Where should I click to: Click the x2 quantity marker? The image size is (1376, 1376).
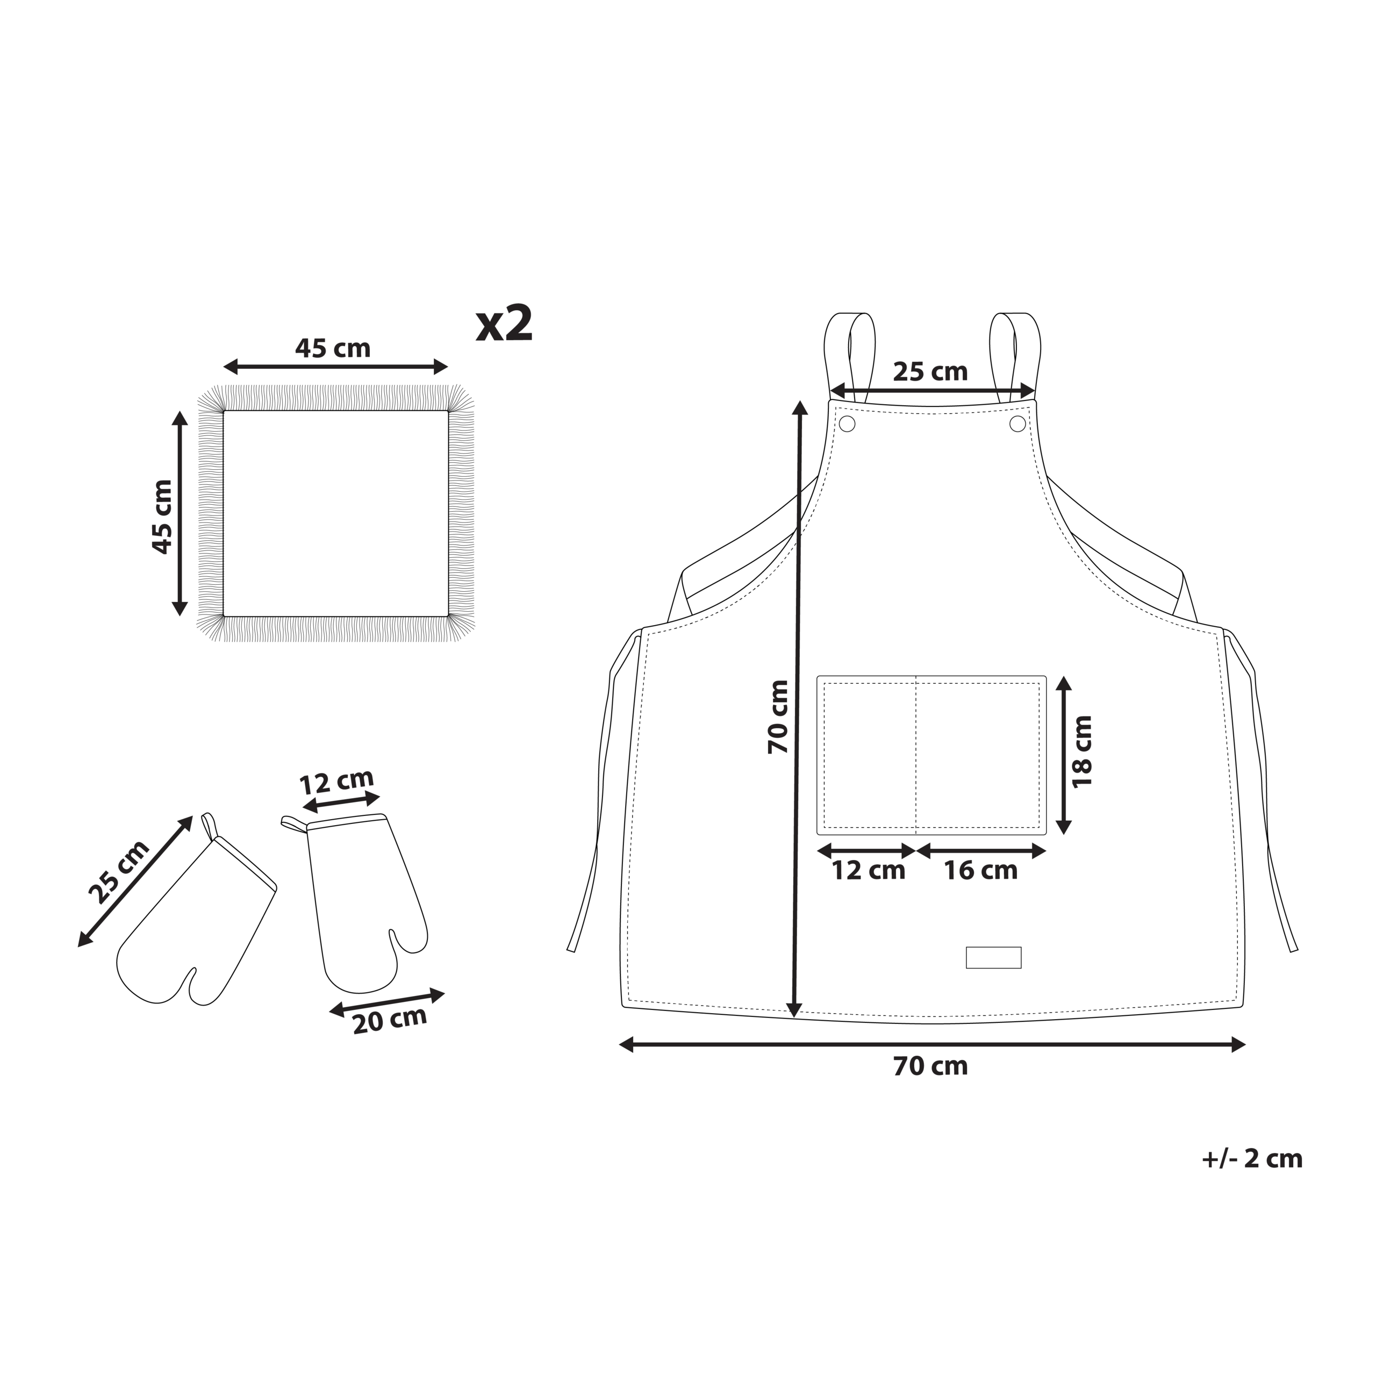click(504, 325)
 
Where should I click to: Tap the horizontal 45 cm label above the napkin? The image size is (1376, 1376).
click(333, 348)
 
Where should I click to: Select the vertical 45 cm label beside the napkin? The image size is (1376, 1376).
click(162, 517)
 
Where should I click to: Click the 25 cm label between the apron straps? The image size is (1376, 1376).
click(930, 372)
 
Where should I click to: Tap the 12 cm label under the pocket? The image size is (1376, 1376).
click(869, 870)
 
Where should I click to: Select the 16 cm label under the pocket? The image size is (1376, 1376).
click(981, 870)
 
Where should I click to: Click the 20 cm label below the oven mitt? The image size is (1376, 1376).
click(390, 1021)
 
